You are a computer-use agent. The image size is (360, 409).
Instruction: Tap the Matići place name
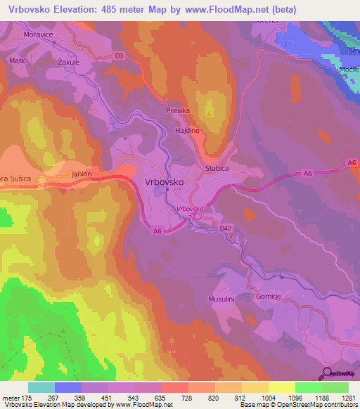(x=18, y=61)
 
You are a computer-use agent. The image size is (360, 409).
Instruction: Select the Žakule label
(x=59, y=61)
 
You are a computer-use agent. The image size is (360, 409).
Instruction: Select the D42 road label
(x=225, y=228)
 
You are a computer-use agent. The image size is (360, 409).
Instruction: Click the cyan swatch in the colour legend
(x=41, y=387)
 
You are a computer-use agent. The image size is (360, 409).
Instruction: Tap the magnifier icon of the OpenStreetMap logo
(x=328, y=375)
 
